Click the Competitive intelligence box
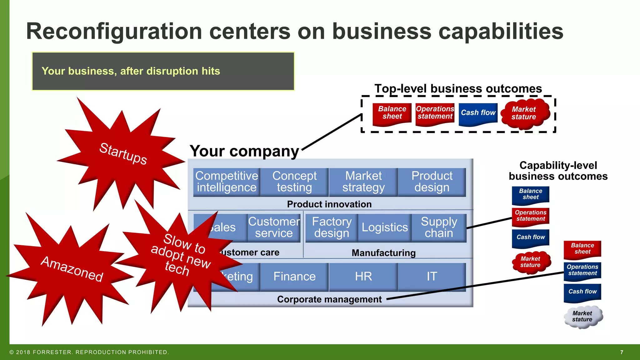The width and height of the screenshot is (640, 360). (227, 182)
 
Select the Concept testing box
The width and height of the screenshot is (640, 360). (294, 182)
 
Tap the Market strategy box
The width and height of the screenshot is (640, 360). (363, 182)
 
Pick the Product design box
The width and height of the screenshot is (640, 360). (432, 182)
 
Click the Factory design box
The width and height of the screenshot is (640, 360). (332, 227)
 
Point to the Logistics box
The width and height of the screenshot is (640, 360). (385, 227)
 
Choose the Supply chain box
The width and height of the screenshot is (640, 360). (439, 227)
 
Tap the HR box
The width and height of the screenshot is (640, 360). (363, 277)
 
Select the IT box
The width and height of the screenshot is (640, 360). (432, 277)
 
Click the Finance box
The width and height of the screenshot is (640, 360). (294, 277)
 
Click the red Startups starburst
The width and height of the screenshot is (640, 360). (122, 154)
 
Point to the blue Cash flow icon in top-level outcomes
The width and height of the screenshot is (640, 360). (478, 113)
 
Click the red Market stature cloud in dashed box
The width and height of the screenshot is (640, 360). (524, 113)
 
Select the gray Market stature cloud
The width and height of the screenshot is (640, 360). (582, 317)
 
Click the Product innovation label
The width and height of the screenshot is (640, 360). (329, 204)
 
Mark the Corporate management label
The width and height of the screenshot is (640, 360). (329, 299)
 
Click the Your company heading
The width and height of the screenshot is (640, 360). (244, 151)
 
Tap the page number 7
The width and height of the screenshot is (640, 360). (622, 352)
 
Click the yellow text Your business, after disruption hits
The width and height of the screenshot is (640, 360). (131, 71)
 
